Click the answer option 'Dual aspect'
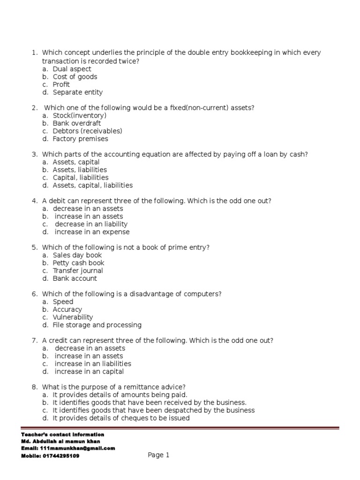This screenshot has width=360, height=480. pyautogui.click(x=72, y=69)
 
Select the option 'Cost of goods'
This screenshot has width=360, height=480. pyautogui.click(x=75, y=77)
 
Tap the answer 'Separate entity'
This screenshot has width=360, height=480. pyautogui.click(x=77, y=92)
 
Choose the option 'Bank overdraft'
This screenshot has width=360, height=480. pyautogui.click(x=76, y=123)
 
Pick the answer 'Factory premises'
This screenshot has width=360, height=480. pyautogui.click(x=80, y=139)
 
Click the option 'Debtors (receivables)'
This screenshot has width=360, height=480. pyautogui.click(x=87, y=131)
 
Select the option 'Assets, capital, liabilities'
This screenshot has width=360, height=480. pyautogui.click(x=92, y=185)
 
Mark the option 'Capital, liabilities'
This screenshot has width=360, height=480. pyautogui.click(x=80, y=178)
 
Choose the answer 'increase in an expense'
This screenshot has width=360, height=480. pyautogui.click(x=92, y=232)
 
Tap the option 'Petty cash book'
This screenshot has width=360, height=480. pyautogui.click(x=78, y=263)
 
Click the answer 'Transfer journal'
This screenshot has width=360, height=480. pyautogui.click(x=78, y=270)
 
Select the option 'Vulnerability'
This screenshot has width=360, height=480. pyautogui.click(x=73, y=317)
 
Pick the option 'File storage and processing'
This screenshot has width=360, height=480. pyautogui.click(x=97, y=325)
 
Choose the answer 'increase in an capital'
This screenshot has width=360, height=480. pyautogui.click(x=89, y=372)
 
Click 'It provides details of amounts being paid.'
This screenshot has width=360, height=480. pyautogui.click(x=120, y=395)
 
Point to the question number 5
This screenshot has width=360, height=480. pyautogui.click(x=34, y=247)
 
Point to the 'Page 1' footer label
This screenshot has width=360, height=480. pyautogui.click(x=158, y=455)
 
